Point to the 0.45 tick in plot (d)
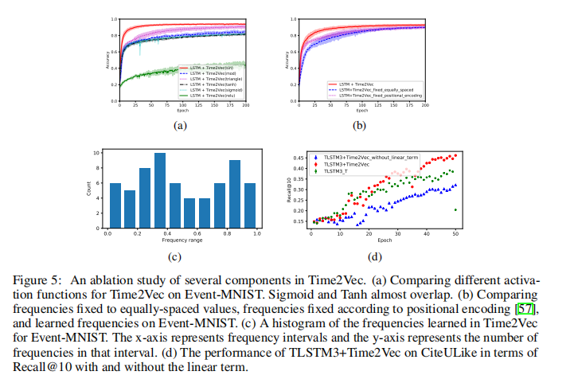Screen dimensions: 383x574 [299, 158]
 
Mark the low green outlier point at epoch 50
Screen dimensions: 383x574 [455, 209]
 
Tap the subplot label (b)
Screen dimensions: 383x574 [359, 125]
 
